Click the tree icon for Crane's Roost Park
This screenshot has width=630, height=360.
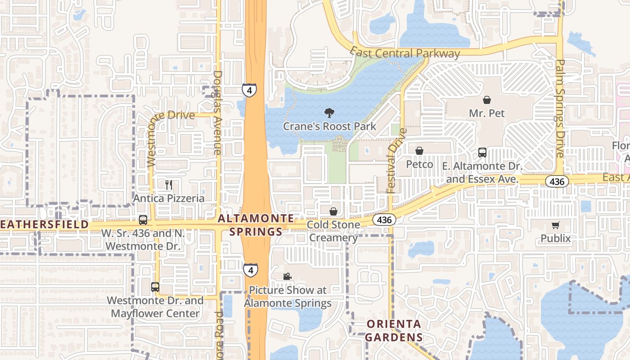click(x=329, y=113)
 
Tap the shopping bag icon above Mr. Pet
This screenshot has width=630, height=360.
click(x=487, y=100)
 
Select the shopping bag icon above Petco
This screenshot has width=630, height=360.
click(x=419, y=151)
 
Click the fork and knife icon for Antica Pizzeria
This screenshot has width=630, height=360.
click(x=169, y=184)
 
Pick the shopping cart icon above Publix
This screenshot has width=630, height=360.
click(x=556, y=225)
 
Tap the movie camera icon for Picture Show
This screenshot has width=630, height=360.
click(x=287, y=276)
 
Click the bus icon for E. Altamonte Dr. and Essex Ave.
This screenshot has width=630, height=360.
click(x=482, y=153)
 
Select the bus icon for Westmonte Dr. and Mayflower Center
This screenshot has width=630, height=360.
click(x=155, y=287)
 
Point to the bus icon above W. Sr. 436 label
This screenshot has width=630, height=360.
click(x=143, y=220)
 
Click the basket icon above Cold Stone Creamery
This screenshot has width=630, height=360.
click(x=333, y=211)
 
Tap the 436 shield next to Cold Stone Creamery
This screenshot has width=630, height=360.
click(x=384, y=220)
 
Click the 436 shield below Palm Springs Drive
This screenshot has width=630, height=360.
click(x=557, y=181)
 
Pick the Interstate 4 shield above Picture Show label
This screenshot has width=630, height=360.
click(x=251, y=270)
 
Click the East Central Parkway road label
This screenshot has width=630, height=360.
click(x=405, y=53)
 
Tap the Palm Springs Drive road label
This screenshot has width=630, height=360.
click(x=560, y=108)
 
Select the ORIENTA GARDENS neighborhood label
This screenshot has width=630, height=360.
click(x=394, y=331)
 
